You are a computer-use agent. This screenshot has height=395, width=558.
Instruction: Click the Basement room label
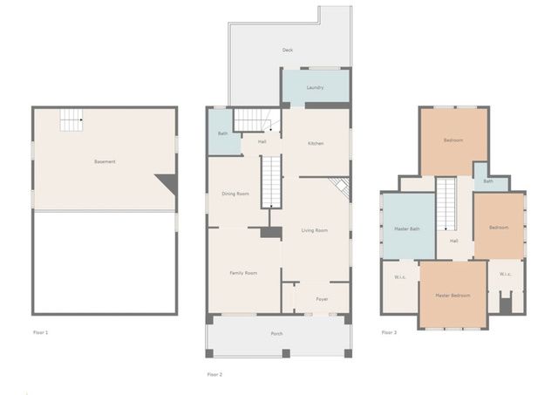105,161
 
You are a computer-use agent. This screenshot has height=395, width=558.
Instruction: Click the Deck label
287,51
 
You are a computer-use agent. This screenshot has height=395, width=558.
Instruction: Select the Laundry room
315,87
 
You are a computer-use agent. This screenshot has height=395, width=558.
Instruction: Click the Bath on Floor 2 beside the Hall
223,133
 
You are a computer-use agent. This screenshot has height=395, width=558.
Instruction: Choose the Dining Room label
236,193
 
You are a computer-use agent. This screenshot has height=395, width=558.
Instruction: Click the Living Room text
314,230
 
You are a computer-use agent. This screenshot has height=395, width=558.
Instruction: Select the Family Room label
243,274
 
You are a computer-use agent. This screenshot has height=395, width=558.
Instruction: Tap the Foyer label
322,299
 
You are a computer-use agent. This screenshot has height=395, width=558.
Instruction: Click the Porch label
277,334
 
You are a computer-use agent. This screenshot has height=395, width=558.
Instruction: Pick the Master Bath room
408,228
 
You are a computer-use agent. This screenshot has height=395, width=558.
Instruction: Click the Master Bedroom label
453,296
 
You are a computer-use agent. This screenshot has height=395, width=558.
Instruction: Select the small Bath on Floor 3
489,182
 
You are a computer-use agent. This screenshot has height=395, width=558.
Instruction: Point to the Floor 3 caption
389,332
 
